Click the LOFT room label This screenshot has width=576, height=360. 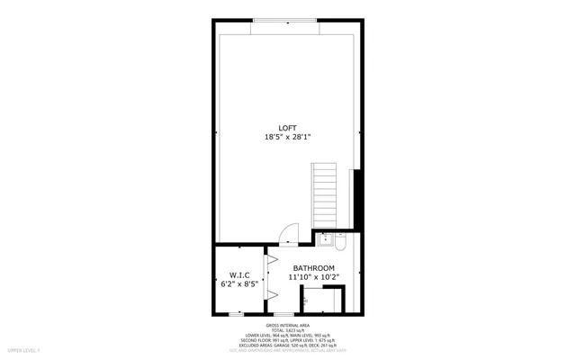287,126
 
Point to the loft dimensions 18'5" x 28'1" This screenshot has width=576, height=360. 287,137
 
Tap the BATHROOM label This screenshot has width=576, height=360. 312,268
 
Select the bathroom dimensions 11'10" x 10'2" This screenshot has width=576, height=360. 312,278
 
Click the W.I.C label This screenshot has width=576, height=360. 239,275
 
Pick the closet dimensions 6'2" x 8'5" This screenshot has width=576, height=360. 239,285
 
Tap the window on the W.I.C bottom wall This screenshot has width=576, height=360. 236,314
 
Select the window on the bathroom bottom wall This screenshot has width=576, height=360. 283,314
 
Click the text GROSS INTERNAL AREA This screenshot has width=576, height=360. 288,325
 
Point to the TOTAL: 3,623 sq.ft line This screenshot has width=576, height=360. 288,330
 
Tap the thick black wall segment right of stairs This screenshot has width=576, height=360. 357,199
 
